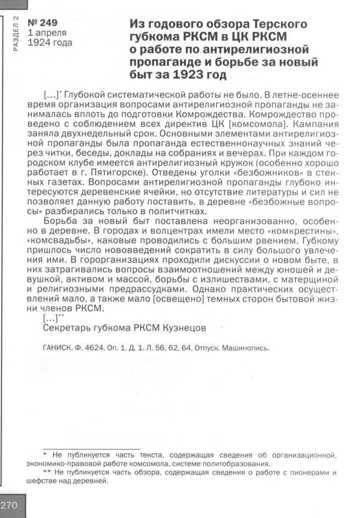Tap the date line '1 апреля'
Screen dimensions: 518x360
[47, 32]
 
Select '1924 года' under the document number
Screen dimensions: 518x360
[50, 42]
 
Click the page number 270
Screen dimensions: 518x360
[10, 505]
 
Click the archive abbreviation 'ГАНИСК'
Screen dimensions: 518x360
[57, 348]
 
